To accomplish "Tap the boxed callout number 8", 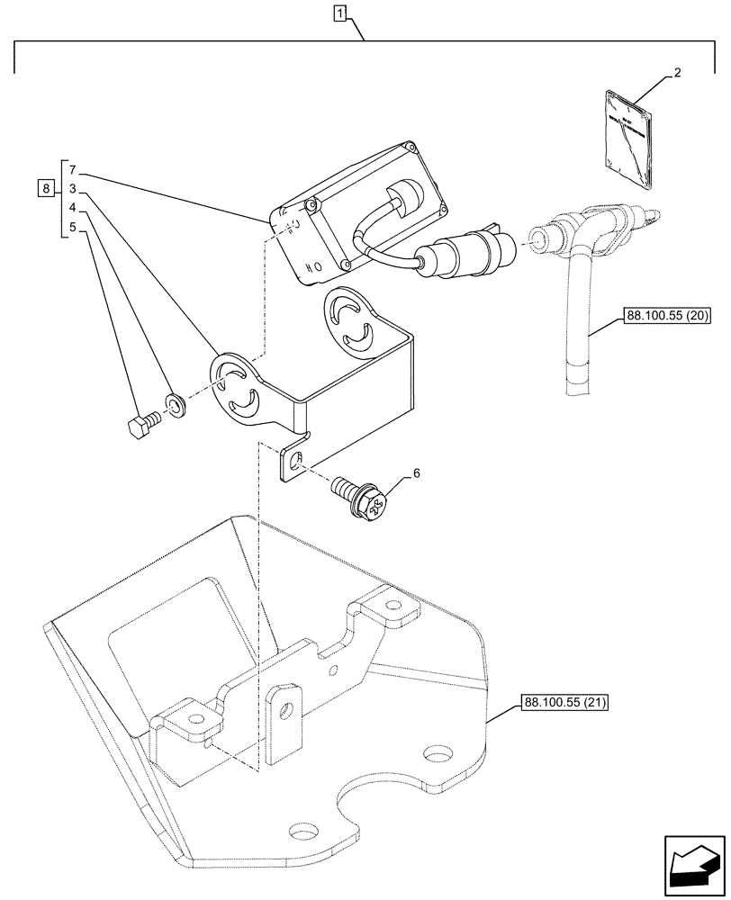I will (x=44, y=189).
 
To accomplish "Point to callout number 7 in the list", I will (x=72, y=170).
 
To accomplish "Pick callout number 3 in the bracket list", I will (x=72, y=190).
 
